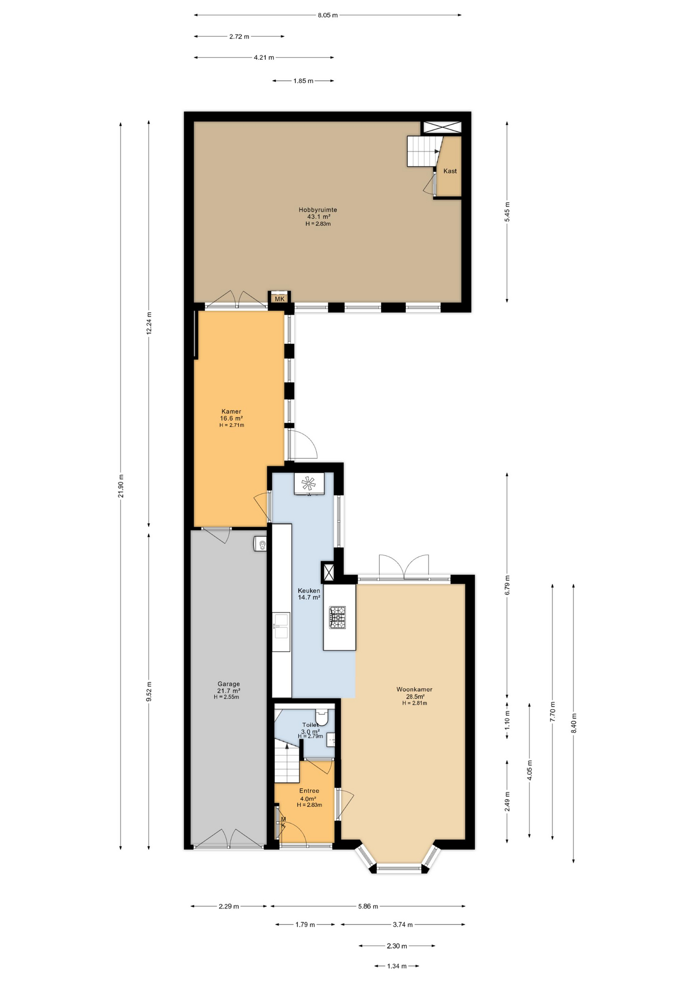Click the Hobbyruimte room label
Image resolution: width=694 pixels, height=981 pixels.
click(317, 209)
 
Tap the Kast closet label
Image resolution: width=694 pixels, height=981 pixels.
click(450, 171)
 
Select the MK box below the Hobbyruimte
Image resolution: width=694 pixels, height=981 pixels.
click(280, 298)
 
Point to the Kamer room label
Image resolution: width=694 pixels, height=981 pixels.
click(232, 411)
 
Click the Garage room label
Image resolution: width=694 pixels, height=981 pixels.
click(228, 684)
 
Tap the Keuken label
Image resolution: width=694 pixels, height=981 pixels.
click(309, 591)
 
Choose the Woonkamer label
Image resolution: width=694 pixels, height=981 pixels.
click(414, 689)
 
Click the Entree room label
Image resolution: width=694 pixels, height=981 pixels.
click(309, 790)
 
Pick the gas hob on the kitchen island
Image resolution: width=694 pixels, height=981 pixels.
click(337, 617)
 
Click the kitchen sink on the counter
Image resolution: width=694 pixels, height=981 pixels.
click(281, 626)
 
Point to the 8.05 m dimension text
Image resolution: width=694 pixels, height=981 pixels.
click(328, 15)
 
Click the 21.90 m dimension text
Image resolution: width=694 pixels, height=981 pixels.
click(121, 486)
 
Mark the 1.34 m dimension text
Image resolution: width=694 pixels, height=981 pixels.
click(397, 966)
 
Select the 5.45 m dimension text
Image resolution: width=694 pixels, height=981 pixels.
click(507, 212)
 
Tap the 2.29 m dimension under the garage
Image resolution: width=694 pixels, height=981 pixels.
click(229, 906)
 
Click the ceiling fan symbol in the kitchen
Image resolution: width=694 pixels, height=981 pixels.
click(309, 483)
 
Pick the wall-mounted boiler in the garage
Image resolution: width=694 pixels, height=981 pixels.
click(261, 544)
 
